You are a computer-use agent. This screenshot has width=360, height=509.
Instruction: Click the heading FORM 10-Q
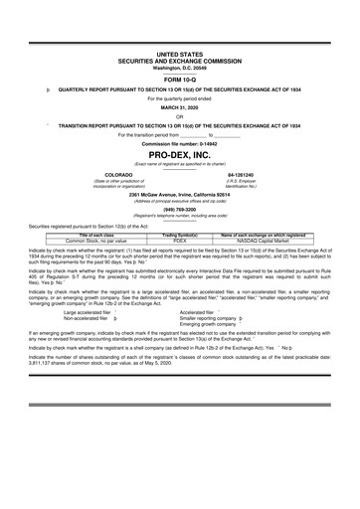click(x=180, y=79)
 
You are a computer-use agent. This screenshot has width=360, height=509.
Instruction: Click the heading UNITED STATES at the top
click(x=180, y=54)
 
